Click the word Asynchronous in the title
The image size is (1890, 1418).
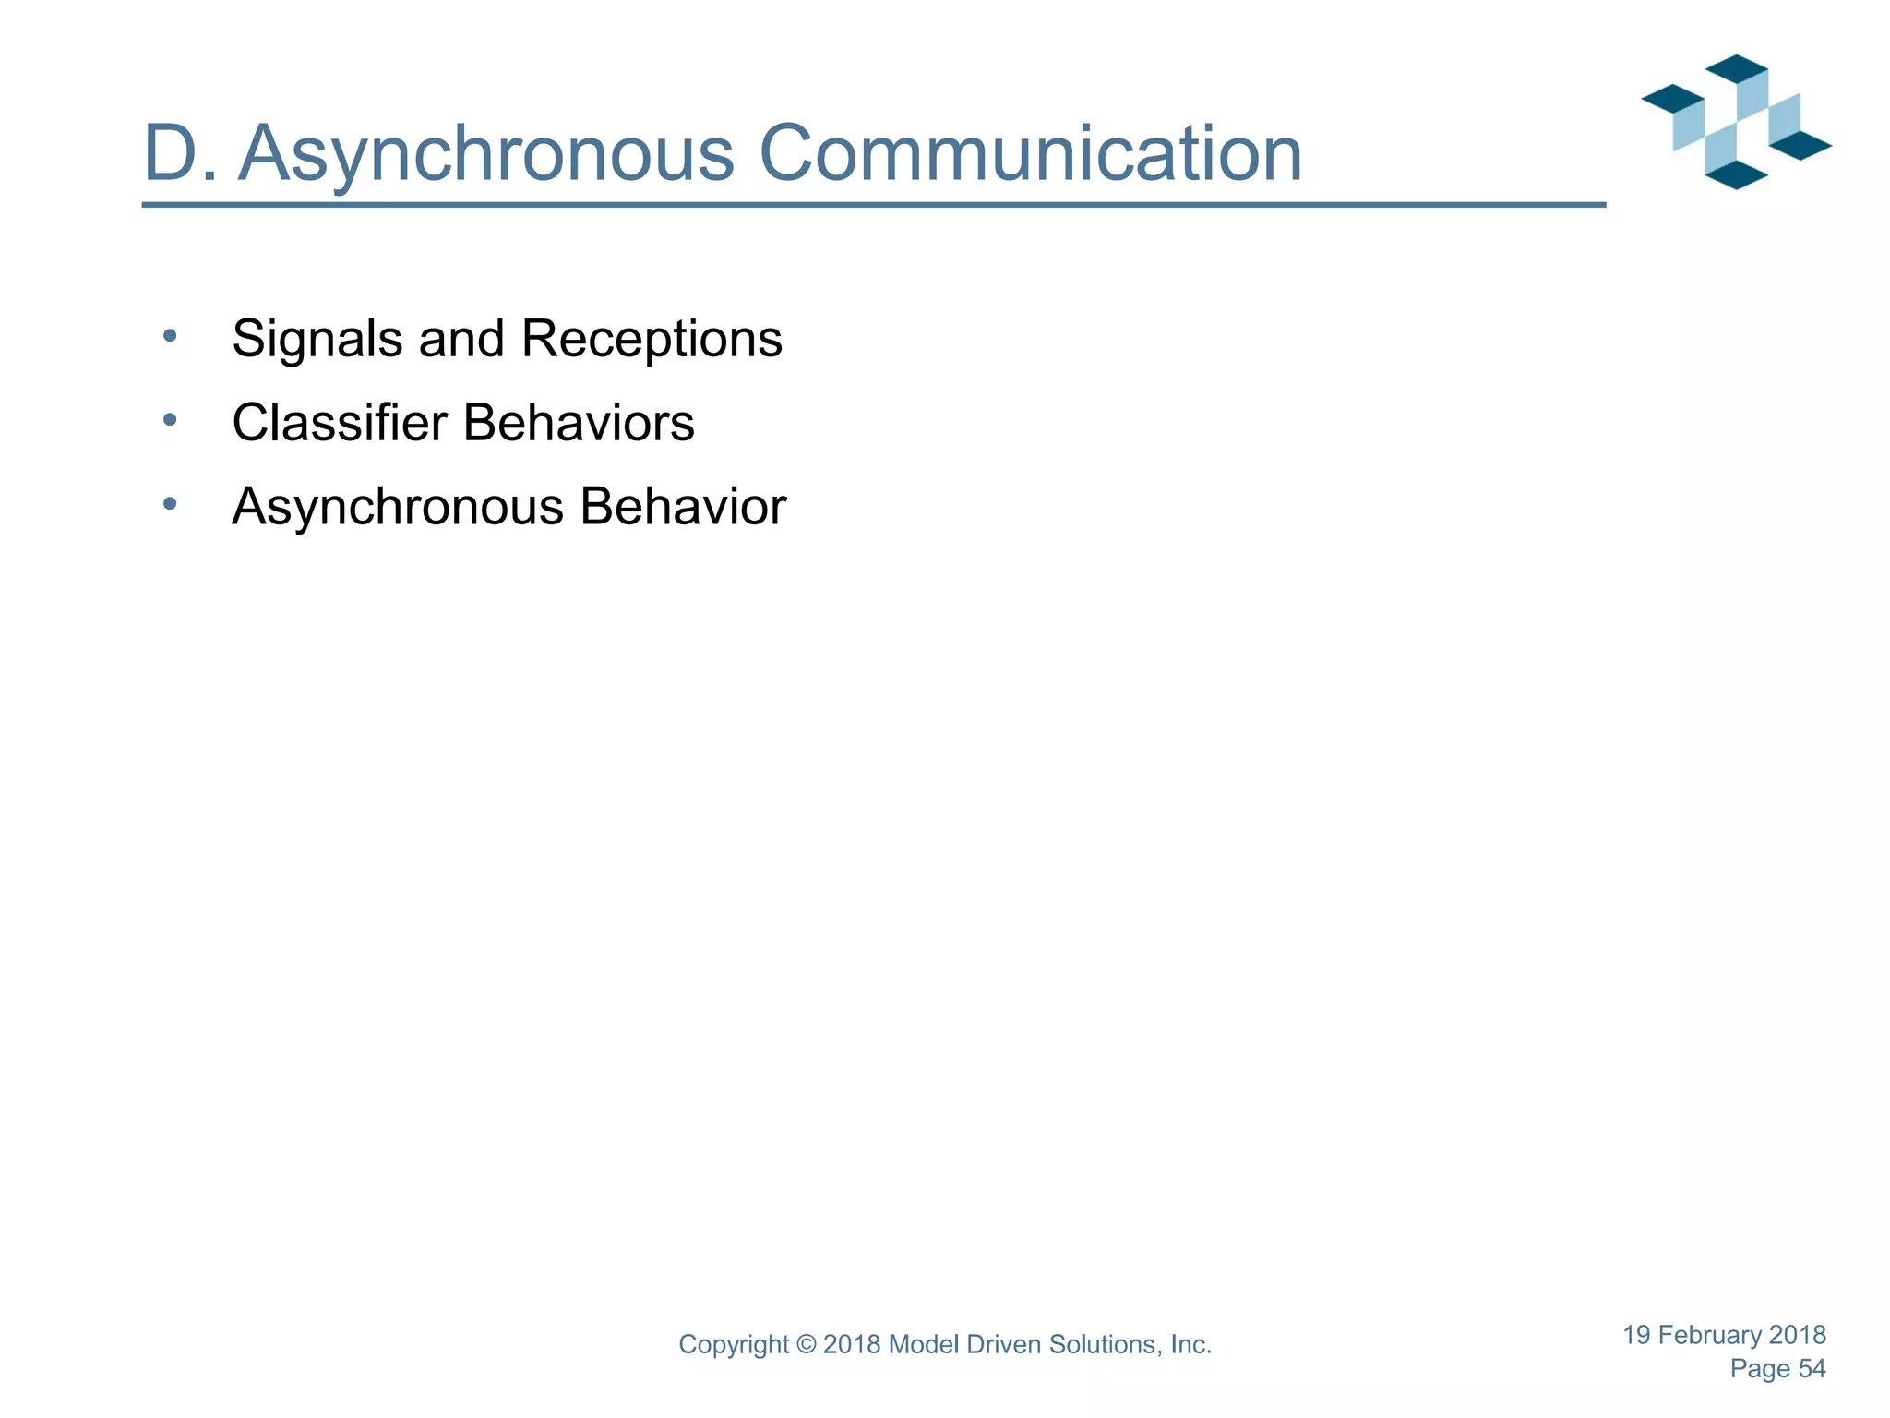point(486,154)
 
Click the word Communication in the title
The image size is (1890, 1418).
point(1030,154)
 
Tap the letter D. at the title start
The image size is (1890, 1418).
point(181,154)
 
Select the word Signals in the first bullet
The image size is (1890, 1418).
point(317,339)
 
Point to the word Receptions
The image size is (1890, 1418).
point(652,339)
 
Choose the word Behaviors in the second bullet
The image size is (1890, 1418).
point(579,423)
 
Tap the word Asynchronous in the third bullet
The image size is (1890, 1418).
point(398,507)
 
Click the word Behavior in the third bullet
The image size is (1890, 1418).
point(683,507)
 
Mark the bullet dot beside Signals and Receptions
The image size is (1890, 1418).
point(169,336)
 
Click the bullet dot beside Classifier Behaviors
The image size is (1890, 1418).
point(169,420)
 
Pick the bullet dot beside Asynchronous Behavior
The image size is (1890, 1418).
point(169,504)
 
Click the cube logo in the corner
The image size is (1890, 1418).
point(1736,122)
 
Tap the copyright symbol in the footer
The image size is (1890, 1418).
point(806,1345)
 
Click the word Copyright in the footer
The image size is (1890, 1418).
point(734,1345)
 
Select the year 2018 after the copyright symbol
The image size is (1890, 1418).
point(851,1345)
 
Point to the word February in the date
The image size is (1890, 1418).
point(1709,1335)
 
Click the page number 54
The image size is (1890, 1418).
point(1812,1369)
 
